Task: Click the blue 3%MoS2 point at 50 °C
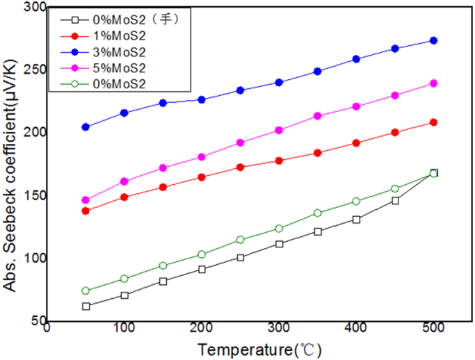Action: [86, 127]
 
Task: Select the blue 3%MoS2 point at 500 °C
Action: [433, 41]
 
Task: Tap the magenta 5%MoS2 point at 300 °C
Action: [279, 131]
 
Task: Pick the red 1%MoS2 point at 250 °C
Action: [241, 167]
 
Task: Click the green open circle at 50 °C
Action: [86, 291]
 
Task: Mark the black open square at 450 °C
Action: [395, 201]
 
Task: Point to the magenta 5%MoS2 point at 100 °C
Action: [124, 182]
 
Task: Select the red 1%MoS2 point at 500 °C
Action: [433, 122]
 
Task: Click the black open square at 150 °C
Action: [163, 281]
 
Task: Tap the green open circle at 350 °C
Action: [318, 213]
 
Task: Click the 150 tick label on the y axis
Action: [33, 196]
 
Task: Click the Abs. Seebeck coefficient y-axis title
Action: [12, 165]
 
